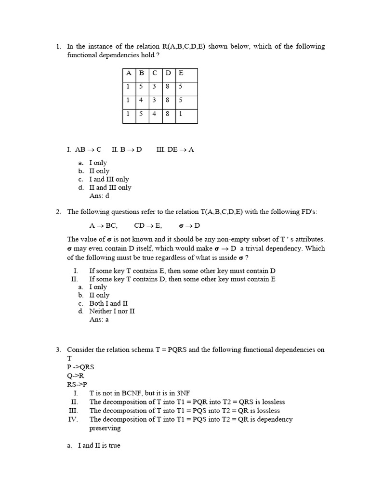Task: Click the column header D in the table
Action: pyautogui.click(x=168, y=73)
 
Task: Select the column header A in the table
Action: pyautogui.click(x=129, y=73)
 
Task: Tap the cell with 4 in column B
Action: pyautogui.click(x=142, y=101)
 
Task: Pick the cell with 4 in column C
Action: pyautogui.click(x=155, y=115)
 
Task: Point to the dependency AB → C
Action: pyautogui.click(x=88, y=149)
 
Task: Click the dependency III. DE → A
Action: pyautogui.click(x=175, y=149)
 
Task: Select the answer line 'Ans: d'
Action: pyautogui.click(x=100, y=196)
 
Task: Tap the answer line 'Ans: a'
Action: pyautogui.click(x=99, y=320)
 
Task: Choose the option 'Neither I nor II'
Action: pyautogui.click(x=112, y=311)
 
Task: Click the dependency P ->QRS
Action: pyautogui.click(x=80, y=367)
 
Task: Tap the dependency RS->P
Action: pyautogui.click(x=77, y=384)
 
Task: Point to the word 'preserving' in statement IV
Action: pyautogui.click(x=105, y=428)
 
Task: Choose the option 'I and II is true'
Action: pyautogui.click(x=99, y=445)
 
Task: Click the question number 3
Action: pyautogui.click(x=58, y=350)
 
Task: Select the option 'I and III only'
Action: pyautogui.click(x=109, y=179)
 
